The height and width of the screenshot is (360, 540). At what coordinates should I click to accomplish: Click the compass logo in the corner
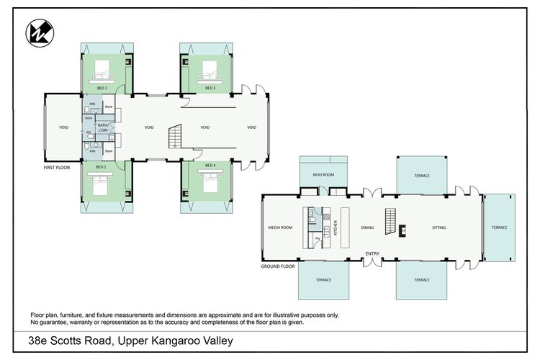[37, 33]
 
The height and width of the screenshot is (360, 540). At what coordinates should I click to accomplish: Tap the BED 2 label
[102, 88]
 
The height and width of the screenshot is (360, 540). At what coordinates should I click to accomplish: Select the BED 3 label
[210, 88]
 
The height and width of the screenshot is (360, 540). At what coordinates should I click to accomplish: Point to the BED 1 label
[101, 166]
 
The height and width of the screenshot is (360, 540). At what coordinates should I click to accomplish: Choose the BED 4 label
[210, 166]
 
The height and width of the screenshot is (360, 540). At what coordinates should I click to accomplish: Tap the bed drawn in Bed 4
[210, 184]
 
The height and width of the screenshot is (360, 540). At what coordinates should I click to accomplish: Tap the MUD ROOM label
[322, 174]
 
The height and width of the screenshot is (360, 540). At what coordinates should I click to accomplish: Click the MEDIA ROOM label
[281, 228]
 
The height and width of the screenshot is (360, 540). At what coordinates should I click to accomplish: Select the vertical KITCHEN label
[336, 228]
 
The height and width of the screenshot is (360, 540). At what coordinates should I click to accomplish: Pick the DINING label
[367, 228]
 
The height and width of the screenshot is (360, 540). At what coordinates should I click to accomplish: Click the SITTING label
[438, 228]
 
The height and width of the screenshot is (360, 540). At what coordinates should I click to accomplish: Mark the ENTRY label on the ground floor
[372, 253]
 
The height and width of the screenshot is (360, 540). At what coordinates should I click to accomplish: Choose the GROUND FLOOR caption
[278, 266]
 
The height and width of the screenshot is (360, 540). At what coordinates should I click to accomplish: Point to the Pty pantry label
[317, 237]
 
